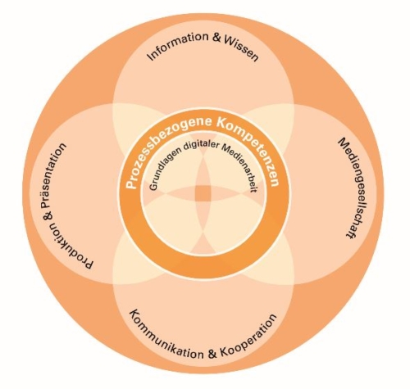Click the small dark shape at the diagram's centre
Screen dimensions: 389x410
(x=203, y=194)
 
